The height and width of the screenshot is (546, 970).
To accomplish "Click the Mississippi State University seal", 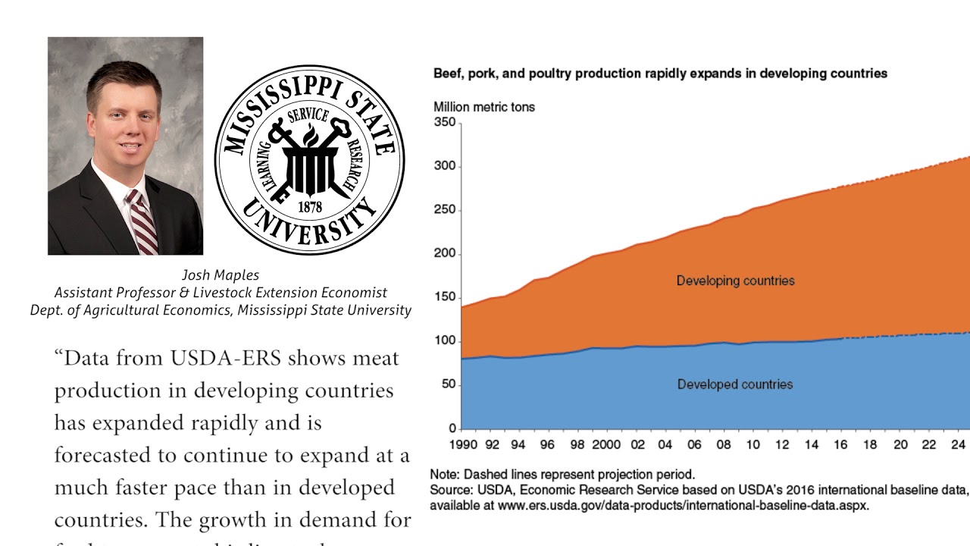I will [309, 159].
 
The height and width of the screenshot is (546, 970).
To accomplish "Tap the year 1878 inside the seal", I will [310, 206].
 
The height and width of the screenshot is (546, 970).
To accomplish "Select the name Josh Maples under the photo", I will [221, 275].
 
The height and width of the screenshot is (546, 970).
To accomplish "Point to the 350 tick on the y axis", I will [445, 123].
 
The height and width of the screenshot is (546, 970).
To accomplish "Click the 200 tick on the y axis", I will [445, 254].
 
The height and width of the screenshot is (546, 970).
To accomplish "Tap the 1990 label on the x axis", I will [464, 445].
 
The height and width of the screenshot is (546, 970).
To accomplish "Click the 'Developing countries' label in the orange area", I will [735, 281].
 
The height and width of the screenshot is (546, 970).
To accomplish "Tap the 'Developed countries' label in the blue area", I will [735, 384].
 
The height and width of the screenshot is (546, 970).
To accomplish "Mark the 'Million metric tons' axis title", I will [483, 107].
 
